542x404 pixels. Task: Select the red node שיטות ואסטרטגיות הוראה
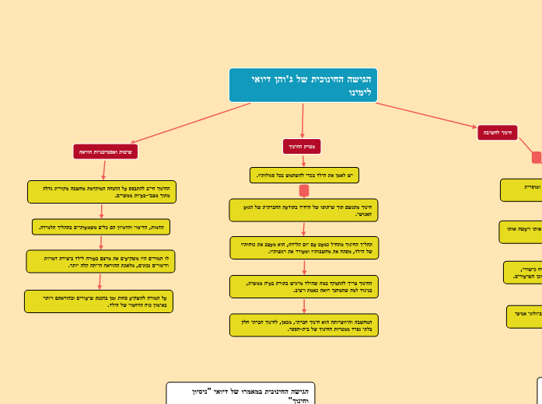[x=106, y=151]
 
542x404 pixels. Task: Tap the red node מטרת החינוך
[x=302, y=146]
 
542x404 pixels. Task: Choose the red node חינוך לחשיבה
[x=498, y=133]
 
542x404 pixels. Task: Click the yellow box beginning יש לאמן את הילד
[x=304, y=176]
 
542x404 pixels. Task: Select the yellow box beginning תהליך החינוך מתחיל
[x=304, y=248]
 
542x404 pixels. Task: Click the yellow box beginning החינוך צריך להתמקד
[x=304, y=287]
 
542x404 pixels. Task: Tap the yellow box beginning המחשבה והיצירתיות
[x=304, y=325]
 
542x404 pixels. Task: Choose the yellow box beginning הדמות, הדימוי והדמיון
[x=101, y=226]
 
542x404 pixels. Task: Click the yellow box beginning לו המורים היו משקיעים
[x=101, y=261]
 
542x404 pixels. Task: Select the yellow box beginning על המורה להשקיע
[x=99, y=301]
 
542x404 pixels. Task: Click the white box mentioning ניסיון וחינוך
[x=240, y=393]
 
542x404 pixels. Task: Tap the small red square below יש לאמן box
[x=304, y=190]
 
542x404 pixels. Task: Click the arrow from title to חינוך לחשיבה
[x=428, y=114]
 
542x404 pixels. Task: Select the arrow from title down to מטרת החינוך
[x=302, y=120]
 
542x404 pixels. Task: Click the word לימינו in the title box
[x=360, y=92]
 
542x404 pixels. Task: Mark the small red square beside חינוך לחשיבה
[x=537, y=158]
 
